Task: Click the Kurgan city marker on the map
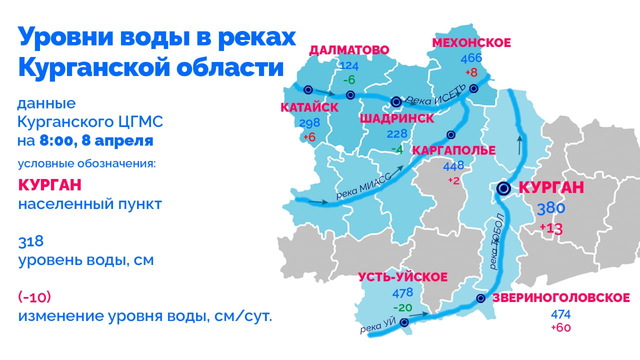pos(503,188)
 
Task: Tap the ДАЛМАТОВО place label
pos(349,50)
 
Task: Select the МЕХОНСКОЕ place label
pos(471,43)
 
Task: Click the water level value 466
pos(471,58)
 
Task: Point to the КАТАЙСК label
pos(309,107)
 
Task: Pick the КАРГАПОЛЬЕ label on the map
pos(453,150)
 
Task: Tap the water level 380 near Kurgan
pos(551,209)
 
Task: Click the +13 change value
pos(551,229)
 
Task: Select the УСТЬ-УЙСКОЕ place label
pos(403,277)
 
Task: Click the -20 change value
pos(403,307)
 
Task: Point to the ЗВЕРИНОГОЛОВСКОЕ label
pos(561,298)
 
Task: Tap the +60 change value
pos(560,328)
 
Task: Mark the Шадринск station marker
pos(396,101)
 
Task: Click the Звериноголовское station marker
pos(481,298)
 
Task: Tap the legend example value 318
pos(31,242)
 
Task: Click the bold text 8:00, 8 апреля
pos(96,140)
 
